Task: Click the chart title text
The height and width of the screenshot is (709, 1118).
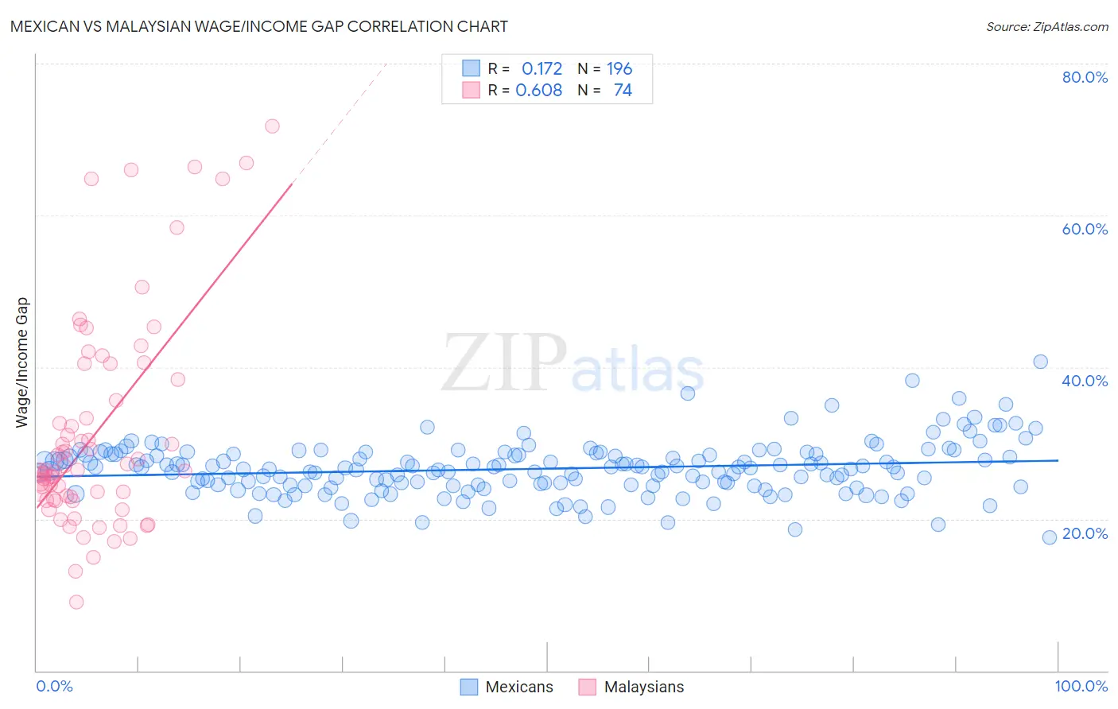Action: coord(258,26)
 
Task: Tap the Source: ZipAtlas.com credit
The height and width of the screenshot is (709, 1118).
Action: coord(1046,26)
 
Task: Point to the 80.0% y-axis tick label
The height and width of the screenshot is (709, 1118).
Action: coord(1085,77)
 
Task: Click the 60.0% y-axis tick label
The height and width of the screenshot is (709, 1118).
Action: coord(1085,229)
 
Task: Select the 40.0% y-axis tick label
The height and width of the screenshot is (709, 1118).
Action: coord(1085,381)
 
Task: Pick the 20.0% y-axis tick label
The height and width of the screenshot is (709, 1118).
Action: coord(1085,533)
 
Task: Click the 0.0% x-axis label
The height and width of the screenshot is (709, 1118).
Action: coord(54,686)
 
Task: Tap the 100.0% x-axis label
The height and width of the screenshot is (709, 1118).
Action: coord(1081,686)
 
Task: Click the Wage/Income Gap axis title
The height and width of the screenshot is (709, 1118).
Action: coord(22,362)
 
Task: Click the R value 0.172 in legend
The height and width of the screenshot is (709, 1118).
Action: coord(542,68)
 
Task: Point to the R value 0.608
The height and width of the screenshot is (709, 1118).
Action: coord(538,90)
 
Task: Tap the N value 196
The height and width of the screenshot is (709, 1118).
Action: coord(619,68)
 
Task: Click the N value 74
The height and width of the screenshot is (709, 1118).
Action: coord(623,90)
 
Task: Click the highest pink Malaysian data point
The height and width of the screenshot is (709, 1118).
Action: coord(272,126)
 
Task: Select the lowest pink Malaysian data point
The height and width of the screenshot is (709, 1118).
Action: coord(76,602)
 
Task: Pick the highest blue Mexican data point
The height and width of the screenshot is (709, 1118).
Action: coord(1040,362)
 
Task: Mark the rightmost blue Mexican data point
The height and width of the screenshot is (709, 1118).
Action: coord(1050,537)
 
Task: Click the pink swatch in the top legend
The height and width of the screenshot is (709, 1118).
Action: coord(472,90)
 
